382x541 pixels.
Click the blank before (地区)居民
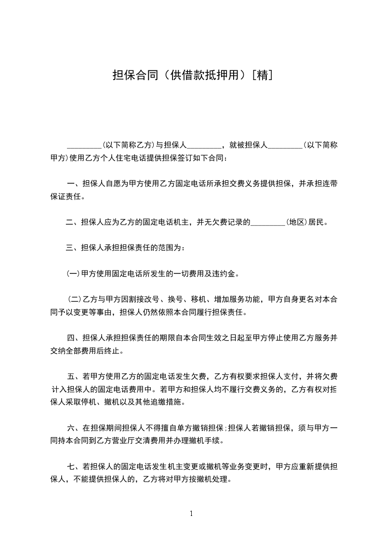tap(268, 223)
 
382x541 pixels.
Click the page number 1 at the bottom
tap(191, 514)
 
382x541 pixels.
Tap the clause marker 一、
tap(74, 184)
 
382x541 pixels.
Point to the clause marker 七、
tap(74, 467)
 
